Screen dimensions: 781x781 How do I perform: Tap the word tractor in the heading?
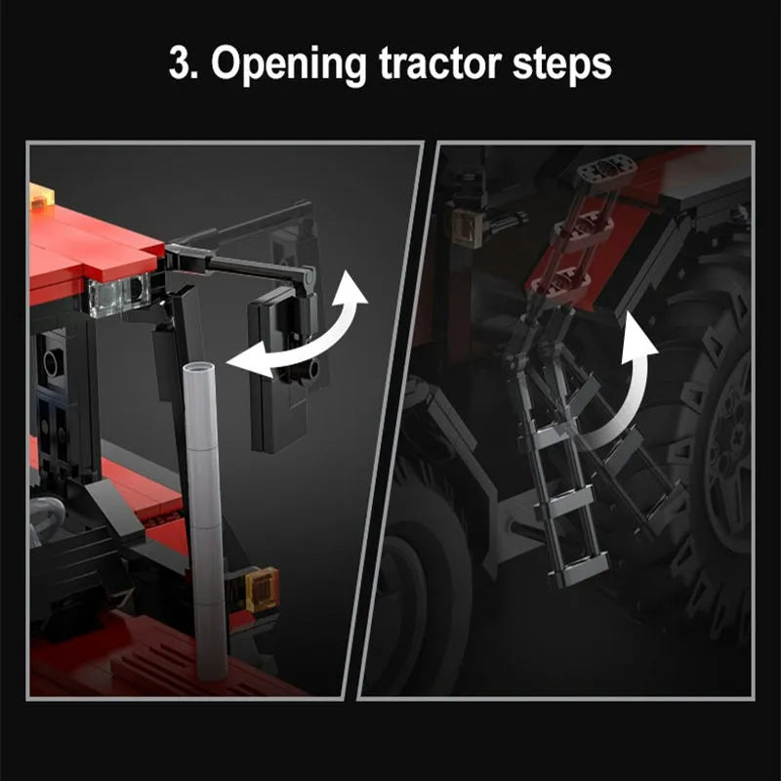[440, 63]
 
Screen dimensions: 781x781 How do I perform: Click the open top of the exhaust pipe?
[199, 368]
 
